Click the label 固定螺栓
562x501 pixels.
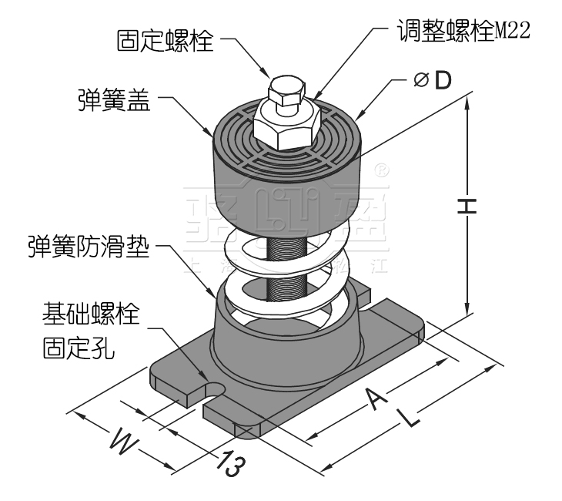[x=165, y=41]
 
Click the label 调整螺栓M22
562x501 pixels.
[x=463, y=31]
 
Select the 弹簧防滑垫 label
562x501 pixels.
[x=86, y=248]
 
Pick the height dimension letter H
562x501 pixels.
[x=466, y=205]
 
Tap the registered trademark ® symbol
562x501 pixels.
[x=380, y=167]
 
